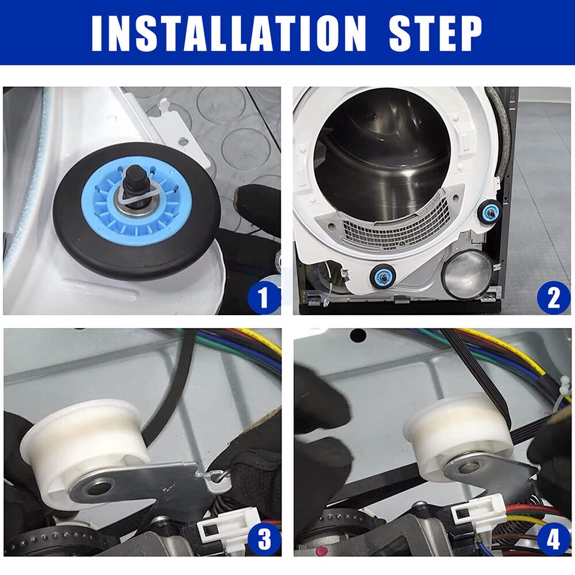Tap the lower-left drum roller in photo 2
[382, 276]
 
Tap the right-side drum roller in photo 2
[490, 211]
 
